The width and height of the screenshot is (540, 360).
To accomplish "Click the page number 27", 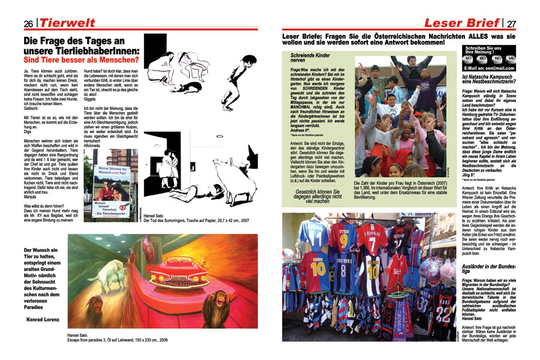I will [x=511, y=23].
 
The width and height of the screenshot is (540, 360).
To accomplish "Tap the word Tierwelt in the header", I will [x=67, y=23].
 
